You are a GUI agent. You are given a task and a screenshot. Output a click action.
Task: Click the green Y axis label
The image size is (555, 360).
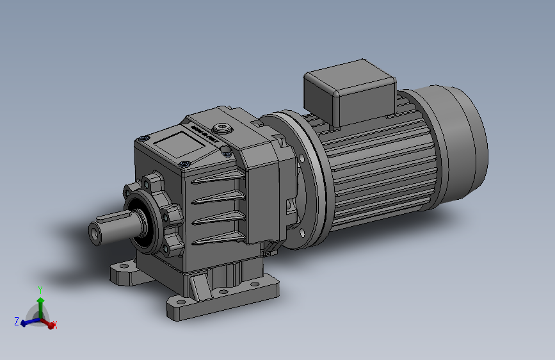40,290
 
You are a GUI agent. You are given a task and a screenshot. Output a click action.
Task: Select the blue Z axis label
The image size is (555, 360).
16,321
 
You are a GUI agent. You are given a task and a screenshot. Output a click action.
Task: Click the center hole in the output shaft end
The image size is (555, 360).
95,234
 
